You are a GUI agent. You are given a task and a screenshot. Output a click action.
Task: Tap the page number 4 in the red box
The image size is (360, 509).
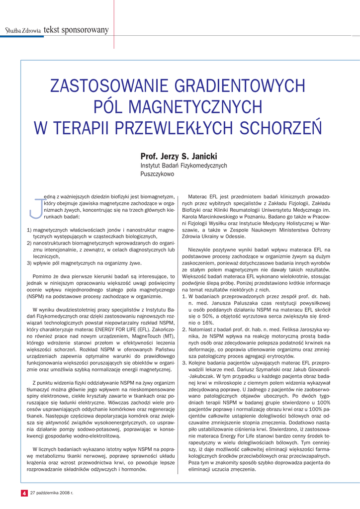click(23, 493)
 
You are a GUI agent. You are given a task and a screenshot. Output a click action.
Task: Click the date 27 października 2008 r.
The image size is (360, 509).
click(52, 493)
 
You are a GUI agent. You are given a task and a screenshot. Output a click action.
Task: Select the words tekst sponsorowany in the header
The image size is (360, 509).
click(76, 30)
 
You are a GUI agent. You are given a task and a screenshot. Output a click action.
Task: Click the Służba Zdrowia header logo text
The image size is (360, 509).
click(23, 31)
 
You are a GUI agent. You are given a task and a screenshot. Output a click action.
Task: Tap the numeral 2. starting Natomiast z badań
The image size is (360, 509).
click(184, 329)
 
